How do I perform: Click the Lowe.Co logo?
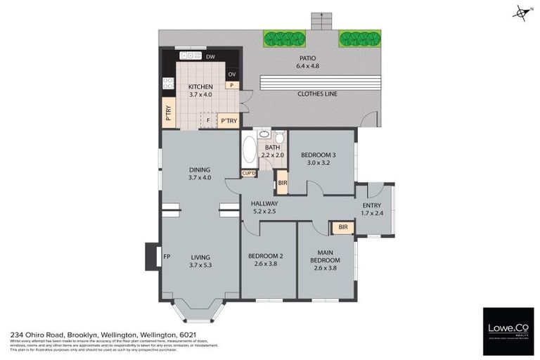508,330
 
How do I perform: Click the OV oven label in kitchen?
232,74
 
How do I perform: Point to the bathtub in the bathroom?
249,150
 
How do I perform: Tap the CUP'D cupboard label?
249,173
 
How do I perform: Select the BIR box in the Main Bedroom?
343,227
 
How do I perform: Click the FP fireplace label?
167,256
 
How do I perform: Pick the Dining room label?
201,169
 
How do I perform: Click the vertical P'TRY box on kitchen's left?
169,114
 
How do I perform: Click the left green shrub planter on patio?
284,38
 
